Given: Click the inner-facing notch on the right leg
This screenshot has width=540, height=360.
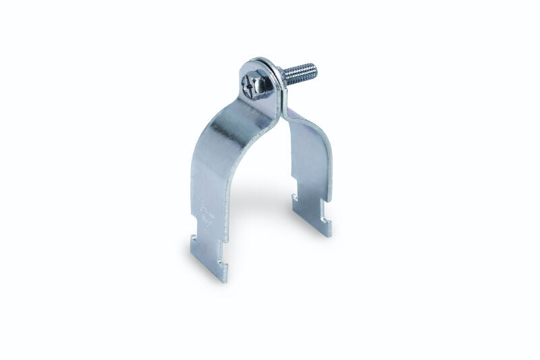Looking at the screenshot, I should pos(298,197).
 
